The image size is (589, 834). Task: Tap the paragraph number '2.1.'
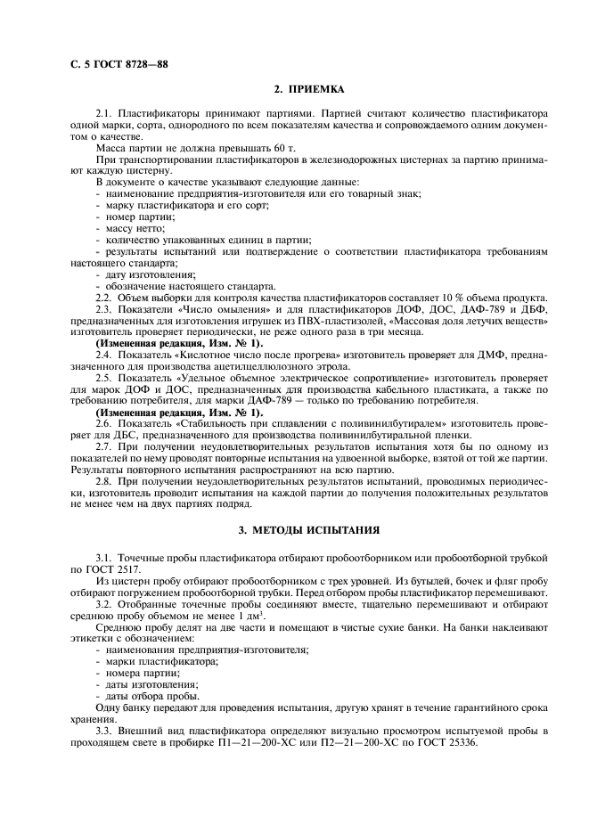(x=104, y=114)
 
